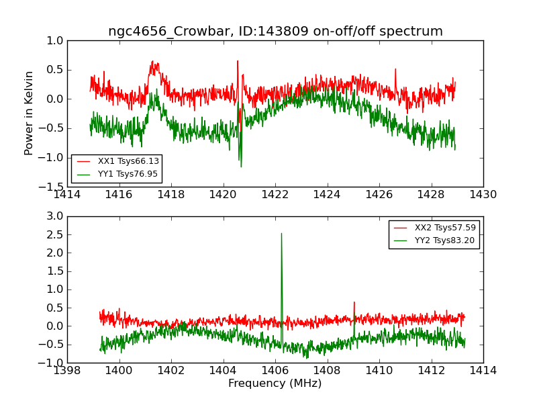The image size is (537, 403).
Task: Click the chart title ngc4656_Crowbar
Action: (275, 32)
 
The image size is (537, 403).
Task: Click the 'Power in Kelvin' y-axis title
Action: (29, 113)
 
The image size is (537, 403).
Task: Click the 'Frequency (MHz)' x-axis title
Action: (275, 384)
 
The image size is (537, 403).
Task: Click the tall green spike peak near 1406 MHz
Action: (281, 234)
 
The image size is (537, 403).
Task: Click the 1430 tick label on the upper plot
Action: (483, 195)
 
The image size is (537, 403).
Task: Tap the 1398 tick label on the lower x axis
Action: (67, 371)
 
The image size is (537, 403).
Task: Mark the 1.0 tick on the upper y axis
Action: (56, 41)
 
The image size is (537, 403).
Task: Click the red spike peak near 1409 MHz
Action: (354, 302)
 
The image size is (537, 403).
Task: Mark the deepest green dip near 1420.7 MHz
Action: (241, 166)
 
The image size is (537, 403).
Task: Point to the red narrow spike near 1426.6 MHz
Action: (395, 69)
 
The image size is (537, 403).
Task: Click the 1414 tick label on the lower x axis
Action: (483, 371)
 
